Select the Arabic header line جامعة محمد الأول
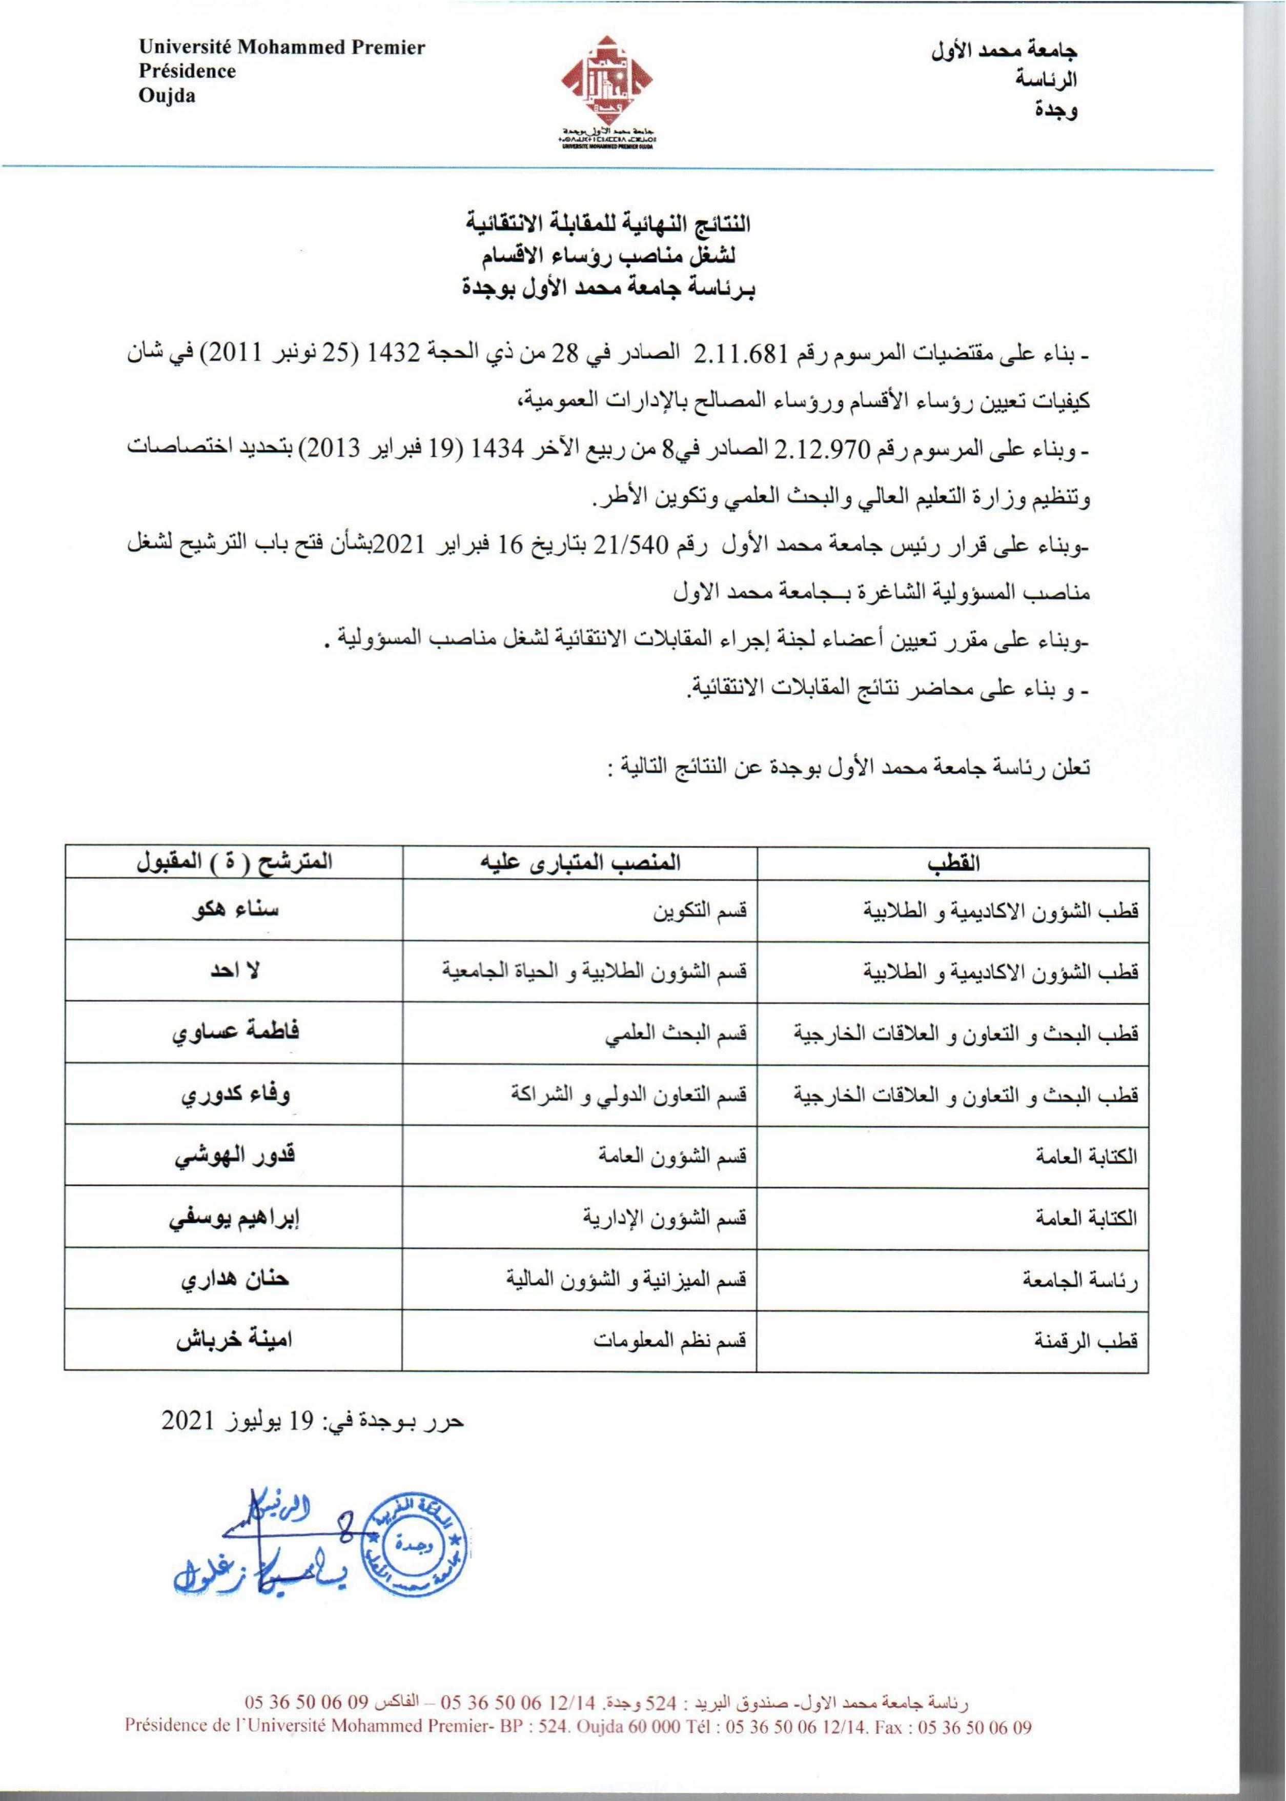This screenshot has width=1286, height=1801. pos(1005,51)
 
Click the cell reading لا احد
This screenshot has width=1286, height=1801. pos(234,971)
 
